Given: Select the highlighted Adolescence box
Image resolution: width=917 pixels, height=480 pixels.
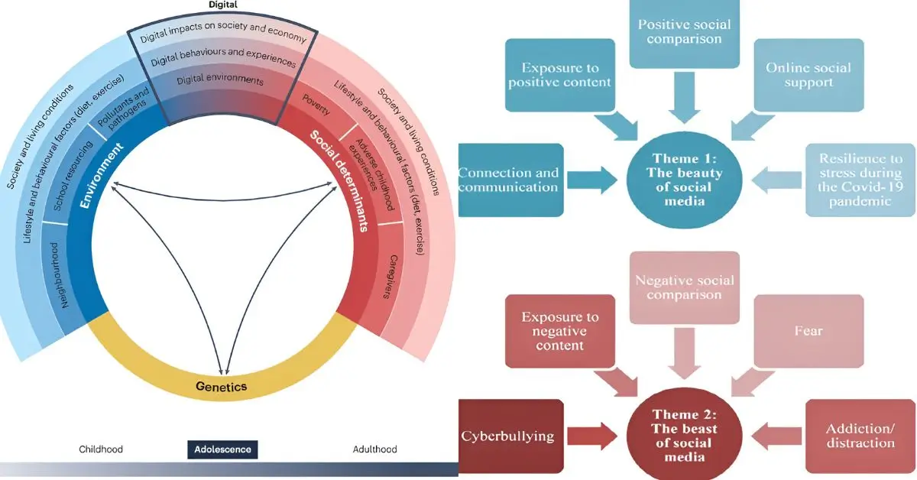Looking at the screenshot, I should point(222,449).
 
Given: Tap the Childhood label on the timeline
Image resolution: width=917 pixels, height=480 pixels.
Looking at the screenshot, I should point(101,449).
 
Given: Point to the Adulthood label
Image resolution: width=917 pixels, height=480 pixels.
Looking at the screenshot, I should point(374,449).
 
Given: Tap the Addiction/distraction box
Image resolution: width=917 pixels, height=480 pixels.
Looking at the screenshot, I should point(860,436).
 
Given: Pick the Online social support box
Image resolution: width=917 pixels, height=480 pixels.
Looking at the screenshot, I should point(808,75).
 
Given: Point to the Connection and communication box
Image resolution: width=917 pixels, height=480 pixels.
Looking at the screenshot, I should point(510,180).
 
